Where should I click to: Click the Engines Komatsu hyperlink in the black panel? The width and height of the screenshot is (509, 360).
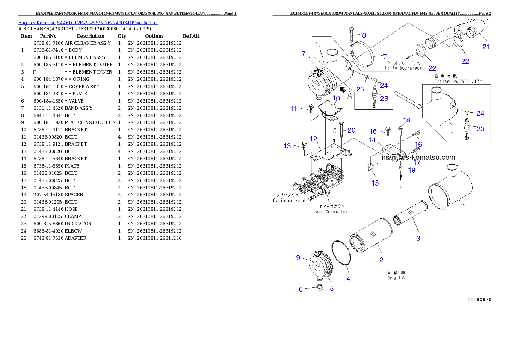(88, 22)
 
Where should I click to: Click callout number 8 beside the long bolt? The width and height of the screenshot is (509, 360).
(364, 35)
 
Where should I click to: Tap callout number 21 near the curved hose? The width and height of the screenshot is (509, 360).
(486, 47)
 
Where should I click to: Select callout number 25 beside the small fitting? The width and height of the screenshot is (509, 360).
(361, 89)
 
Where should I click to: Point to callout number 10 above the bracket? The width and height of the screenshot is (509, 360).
(336, 98)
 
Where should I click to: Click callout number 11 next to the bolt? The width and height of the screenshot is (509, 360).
(293, 109)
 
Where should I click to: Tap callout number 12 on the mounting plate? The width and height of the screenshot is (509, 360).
(314, 139)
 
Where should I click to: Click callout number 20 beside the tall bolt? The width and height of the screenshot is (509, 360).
(351, 130)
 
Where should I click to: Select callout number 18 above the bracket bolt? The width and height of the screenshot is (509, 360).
(406, 120)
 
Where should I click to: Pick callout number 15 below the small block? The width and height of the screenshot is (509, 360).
(375, 183)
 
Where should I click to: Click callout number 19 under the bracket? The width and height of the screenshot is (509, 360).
(411, 170)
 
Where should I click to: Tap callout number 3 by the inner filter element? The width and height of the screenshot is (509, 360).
(418, 238)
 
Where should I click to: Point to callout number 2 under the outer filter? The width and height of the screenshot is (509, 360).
(381, 260)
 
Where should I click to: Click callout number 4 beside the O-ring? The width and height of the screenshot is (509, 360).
(348, 279)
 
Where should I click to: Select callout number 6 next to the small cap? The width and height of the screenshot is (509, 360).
(301, 289)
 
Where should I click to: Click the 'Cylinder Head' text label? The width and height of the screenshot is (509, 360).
(289, 200)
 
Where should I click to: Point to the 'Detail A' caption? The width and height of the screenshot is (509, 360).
(396, 277)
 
